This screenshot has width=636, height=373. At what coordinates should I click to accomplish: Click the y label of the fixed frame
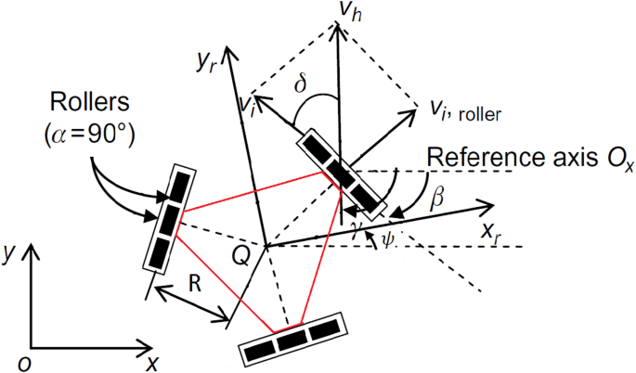[x=11, y=252]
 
